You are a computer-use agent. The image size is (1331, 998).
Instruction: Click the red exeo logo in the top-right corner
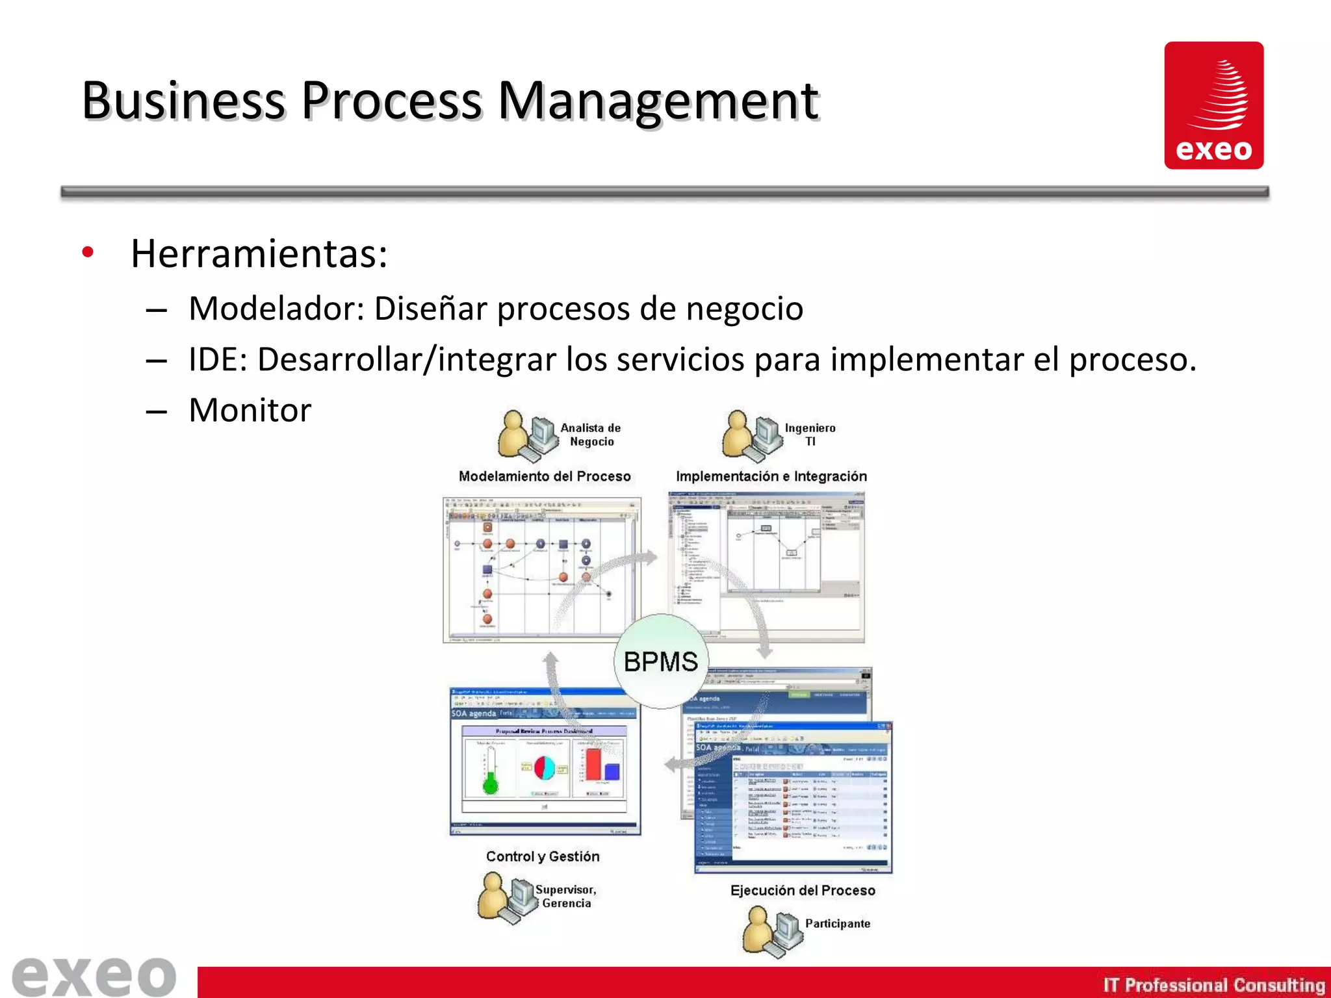coord(1213,105)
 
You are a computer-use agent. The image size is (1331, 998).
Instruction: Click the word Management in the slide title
coord(658,101)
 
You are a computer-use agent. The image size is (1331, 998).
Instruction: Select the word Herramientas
coord(259,253)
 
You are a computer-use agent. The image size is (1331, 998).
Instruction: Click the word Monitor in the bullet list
coord(250,411)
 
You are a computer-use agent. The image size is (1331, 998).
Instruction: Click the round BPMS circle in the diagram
coord(660,661)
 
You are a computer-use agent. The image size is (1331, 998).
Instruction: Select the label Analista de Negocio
coord(591,435)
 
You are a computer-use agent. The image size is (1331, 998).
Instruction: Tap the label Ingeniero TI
coord(810,435)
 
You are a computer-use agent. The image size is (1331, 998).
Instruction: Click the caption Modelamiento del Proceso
coord(545,476)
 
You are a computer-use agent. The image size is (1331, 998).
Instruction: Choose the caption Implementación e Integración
coord(771,476)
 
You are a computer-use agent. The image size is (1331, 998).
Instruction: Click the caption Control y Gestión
coord(543,856)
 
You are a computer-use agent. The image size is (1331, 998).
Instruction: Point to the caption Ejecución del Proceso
coord(803,890)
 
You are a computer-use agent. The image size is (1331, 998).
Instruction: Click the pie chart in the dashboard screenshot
coord(545,768)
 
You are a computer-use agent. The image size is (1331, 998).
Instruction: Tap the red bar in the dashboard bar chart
coord(593,765)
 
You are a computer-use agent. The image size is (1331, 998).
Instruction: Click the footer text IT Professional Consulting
coord(1213,985)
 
